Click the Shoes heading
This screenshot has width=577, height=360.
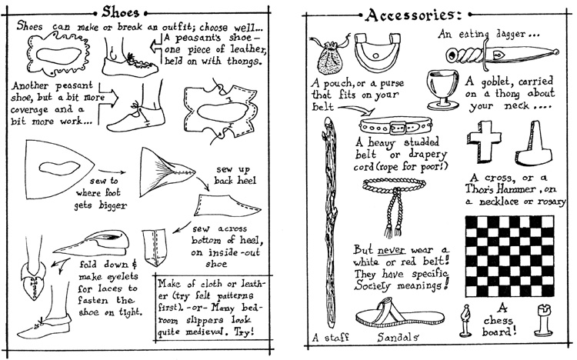[120, 12]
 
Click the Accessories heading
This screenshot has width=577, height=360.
[414, 15]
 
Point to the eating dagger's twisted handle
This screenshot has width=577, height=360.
[465, 55]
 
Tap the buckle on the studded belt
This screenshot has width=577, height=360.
[398, 128]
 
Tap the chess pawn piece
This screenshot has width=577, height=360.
[465, 320]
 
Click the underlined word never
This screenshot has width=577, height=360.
[392, 251]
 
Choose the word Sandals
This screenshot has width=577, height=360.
[398, 337]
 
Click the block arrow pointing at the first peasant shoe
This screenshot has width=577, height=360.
[156, 46]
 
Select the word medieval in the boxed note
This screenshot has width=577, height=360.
[208, 332]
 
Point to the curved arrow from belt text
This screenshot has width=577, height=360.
[356, 109]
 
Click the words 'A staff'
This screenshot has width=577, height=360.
[330, 337]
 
